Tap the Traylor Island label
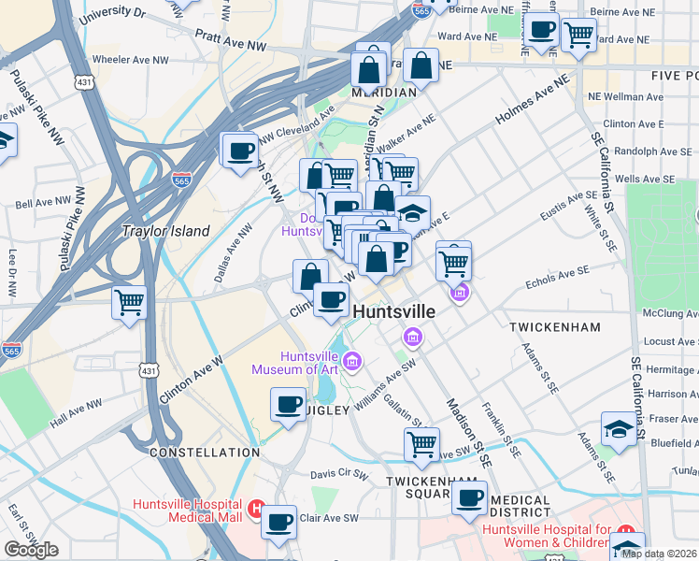point(166,231)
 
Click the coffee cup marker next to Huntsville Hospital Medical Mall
point(278,522)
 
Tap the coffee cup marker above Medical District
point(470,496)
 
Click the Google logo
point(31,550)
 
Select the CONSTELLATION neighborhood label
point(205,453)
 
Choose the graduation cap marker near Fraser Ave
point(618,428)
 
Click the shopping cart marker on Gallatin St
point(421,444)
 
